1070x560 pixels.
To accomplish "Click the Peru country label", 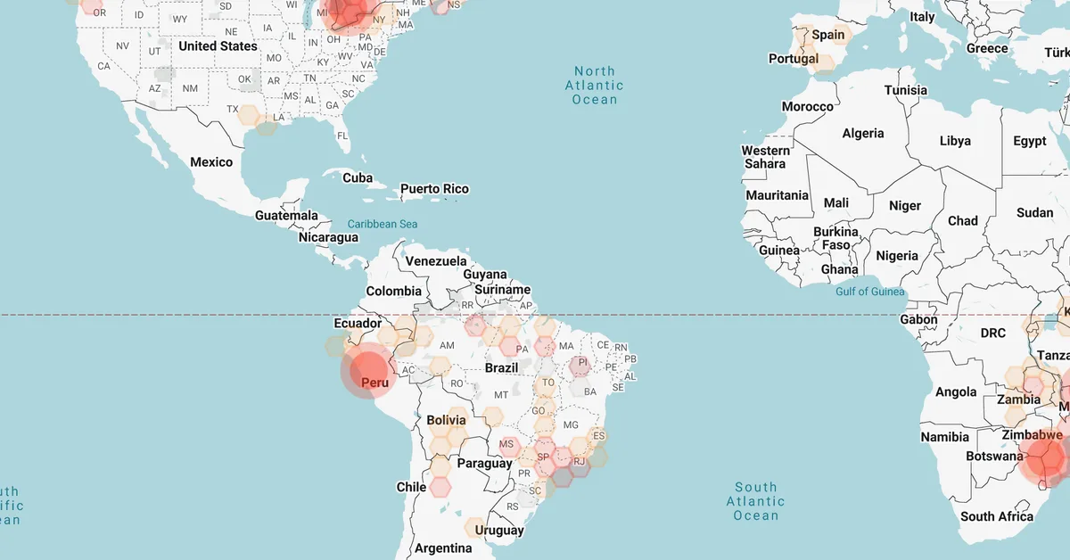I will (x=374, y=383).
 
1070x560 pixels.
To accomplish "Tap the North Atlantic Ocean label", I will (x=595, y=86).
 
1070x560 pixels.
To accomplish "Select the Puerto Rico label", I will (x=434, y=189).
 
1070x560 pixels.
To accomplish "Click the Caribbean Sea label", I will (x=383, y=224).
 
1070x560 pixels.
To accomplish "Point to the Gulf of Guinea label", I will (x=870, y=292).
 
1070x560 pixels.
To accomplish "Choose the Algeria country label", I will (x=863, y=133).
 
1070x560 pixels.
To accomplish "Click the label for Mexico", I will (x=211, y=162).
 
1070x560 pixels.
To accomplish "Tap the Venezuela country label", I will (x=436, y=261).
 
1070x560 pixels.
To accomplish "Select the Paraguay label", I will (x=484, y=464).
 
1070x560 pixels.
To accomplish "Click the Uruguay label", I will (x=499, y=531).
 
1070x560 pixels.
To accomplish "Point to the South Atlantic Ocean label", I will (x=755, y=501).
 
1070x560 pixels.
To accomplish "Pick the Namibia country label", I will (x=945, y=437).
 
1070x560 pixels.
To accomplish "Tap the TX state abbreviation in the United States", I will (x=233, y=110).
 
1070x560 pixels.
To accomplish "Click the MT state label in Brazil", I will (x=501, y=394).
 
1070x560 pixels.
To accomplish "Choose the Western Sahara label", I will (x=766, y=157).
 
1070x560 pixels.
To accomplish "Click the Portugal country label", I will (x=794, y=59).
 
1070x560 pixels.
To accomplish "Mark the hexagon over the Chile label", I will (x=440, y=486).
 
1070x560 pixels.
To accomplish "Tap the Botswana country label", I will (x=994, y=457).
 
